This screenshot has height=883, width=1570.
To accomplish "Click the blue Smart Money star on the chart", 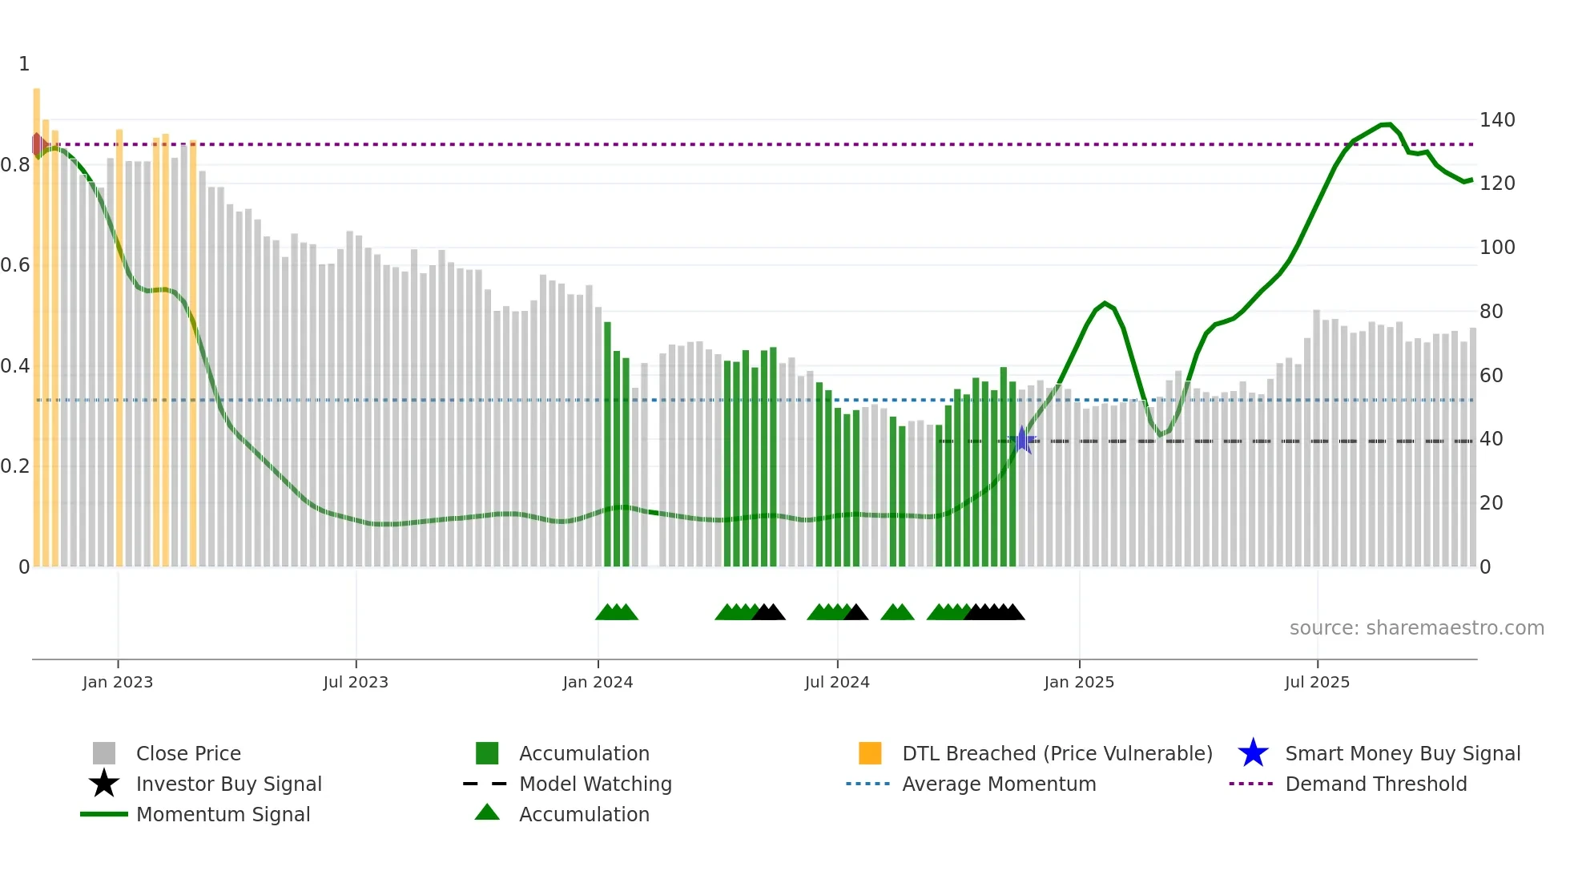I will click(1022, 440).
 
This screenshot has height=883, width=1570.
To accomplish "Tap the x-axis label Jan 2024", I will click(598, 682).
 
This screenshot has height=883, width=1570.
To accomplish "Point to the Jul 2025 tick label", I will click(1317, 682).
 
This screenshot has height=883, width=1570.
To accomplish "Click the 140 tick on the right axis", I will click(1496, 120).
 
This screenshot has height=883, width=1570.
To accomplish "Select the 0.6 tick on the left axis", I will click(15, 265).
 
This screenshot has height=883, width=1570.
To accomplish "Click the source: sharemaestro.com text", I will click(1416, 628).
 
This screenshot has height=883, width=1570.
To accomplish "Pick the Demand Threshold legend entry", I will click(1375, 784).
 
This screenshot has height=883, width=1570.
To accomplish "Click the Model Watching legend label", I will click(595, 784).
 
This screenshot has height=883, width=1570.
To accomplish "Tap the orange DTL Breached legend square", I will click(870, 753).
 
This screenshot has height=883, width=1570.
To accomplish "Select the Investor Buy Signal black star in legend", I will click(104, 784).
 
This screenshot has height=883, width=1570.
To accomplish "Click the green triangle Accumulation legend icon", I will click(487, 812).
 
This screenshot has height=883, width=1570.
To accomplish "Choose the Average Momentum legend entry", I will click(998, 784).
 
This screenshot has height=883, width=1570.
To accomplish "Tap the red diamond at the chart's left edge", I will click(37, 144).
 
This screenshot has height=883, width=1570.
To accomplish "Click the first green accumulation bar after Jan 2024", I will click(607, 445).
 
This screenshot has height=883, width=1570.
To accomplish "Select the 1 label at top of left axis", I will click(24, 64).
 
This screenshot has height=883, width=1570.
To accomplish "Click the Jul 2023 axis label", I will click(356, 682).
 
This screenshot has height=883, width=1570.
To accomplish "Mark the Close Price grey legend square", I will click(104, 753).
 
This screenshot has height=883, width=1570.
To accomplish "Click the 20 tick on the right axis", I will click(1491, 503).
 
